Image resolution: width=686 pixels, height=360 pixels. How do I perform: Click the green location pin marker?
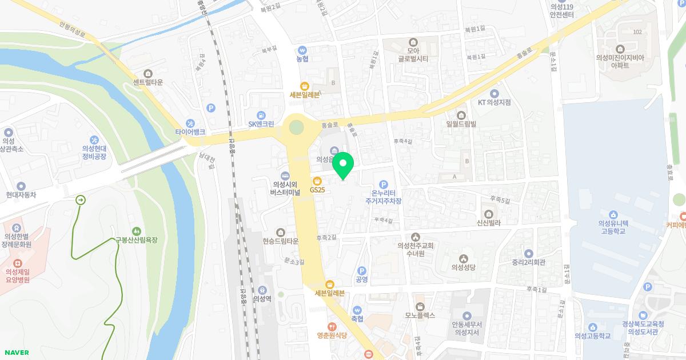pyautogui.click(x=342, y=165)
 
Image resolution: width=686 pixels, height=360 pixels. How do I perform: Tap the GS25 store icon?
pyautogui.click(x=317, y=181)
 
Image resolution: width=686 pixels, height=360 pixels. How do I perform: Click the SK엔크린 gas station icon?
pyautogui.click(x=261, y=115)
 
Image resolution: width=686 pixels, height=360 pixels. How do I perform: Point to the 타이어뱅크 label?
pyautogui.click(x=190, y=131)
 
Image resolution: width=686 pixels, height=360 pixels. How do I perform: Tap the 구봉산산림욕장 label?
pyautogui.click(x=137, y=240)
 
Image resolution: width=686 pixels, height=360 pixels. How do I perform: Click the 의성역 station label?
pyautogui.click(x=262, y=298)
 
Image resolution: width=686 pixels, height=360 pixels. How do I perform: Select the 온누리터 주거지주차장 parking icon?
pyautogui.click(x=384, y=185)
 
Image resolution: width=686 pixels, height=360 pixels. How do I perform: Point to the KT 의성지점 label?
pyautogui.click(x=494, y=102)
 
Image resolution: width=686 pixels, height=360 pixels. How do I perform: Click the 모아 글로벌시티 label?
pyautogui.click(x=414, y=54)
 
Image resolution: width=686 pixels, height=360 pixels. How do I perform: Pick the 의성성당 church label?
pyautogui.click(x=464, y=266)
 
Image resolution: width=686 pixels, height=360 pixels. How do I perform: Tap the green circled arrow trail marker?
pyautogui.click(x=81, y=200)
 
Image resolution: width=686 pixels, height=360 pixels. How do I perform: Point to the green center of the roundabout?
pyautogui.click(x=296, y=126)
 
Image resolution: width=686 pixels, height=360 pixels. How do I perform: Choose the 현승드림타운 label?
pyautogui.click(x=280, y=241)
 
